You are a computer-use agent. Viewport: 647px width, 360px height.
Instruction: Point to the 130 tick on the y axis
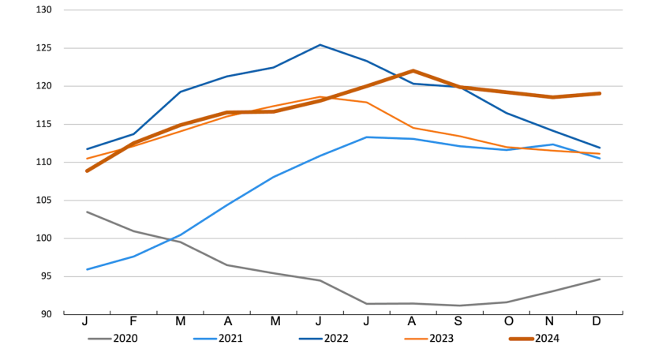(x=44, y=10)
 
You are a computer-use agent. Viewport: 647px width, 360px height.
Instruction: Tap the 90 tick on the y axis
(x=47, y=314)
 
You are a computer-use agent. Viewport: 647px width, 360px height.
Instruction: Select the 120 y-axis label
(x=44, y=86)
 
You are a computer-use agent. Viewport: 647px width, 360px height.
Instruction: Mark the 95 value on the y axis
(x=47, y=276)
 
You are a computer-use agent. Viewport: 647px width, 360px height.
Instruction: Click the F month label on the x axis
(x=133, y=322)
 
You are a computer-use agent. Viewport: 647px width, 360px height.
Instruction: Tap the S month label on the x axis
(x=460, y=322)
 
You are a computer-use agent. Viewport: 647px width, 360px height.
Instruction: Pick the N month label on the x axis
(x=553, y=322)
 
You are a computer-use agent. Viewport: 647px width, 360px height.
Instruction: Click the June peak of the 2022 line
(x=320, y=45)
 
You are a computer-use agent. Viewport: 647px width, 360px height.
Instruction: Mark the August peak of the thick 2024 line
(x=413, y=71)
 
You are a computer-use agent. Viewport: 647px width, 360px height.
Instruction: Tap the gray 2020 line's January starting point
(x=87, y=212)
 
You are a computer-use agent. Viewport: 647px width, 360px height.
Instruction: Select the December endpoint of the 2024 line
(x=600, y=93)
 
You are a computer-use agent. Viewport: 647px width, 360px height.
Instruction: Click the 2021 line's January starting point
(x=87, y=269)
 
